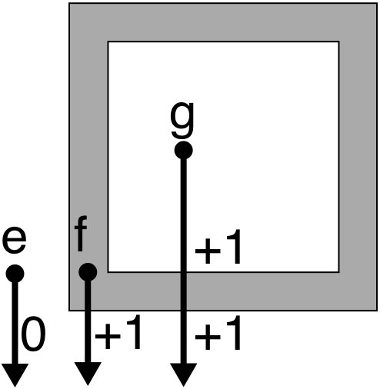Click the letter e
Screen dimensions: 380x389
[15, 241]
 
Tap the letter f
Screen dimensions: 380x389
[81, 234]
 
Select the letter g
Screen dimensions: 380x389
[182, 119]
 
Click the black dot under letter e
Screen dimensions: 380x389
[15, 274]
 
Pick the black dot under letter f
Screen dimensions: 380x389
[88, 272]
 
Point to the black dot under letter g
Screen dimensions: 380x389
[183, 150]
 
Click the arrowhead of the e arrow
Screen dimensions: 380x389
[15, 375]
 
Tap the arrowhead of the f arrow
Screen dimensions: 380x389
[88, 374]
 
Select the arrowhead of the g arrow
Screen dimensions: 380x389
[184, 374]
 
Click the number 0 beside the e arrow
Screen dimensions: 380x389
[33, 334]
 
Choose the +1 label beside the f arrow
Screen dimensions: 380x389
[118, 332]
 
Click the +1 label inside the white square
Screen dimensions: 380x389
[218, 247]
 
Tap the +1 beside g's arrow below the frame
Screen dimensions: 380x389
[218, 333]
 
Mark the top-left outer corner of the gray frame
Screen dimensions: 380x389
[69, 3]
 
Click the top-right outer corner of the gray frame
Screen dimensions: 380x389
[377, 3]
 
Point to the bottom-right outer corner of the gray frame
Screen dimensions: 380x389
[377, 311]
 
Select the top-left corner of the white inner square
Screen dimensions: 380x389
[108, 42]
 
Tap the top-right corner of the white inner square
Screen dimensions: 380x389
[339, 42]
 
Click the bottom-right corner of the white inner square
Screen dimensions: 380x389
[339, 271]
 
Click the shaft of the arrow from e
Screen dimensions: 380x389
[15, 323]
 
